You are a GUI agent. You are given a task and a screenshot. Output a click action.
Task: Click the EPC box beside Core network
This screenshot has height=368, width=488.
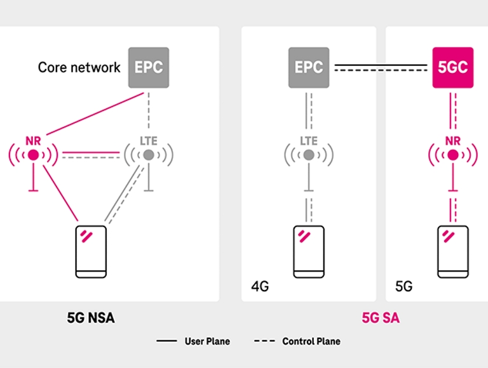coord(149,67)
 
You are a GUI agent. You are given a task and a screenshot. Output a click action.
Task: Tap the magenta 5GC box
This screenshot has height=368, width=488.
coord(453,67)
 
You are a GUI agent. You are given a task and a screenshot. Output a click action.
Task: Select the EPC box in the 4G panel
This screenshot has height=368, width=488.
coord(309,67)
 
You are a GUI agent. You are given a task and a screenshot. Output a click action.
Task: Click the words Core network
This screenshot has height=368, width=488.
coord(79,67)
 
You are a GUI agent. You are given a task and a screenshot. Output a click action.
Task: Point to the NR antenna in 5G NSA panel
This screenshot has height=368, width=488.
coord(33,154)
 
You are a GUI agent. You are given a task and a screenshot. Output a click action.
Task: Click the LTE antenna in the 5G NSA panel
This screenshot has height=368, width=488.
coord(149,154)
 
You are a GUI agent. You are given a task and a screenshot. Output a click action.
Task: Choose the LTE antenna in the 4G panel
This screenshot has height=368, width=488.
coord(309,154)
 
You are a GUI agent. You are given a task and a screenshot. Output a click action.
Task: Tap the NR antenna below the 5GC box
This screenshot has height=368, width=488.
coord(453,154)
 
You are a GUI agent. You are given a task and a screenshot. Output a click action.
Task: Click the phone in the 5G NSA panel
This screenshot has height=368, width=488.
coord(91,251)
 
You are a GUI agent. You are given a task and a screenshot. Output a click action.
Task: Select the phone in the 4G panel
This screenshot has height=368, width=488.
coord(309,251)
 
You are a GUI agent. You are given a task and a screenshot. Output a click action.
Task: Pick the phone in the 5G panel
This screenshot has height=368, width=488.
coord(453,251)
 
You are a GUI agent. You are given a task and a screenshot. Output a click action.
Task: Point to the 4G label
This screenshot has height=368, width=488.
coord(259,287)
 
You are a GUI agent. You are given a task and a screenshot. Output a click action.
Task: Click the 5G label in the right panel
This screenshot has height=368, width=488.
coord(403,287)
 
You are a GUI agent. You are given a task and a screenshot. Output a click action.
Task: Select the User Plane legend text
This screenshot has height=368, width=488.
coord(207,341)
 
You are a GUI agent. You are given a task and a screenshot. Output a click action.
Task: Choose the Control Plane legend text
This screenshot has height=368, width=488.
coord(311,341)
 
